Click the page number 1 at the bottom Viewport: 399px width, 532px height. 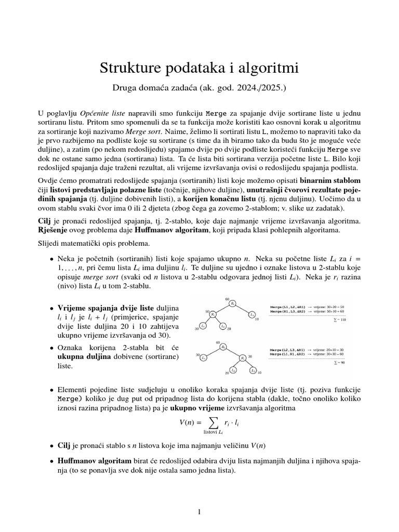click(x=199, y=512)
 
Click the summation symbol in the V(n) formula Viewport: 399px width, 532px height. click(x=212, y=422)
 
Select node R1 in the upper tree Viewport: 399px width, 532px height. click(x=214, y=315)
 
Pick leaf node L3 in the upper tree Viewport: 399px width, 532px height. click(x=251, y=315)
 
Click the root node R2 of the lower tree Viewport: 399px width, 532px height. click(x=223, y=347)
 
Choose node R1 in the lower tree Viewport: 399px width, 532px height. click(x=243, y=358)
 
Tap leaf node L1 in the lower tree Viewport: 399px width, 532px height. click(x=204, y=358)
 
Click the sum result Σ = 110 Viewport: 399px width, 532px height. click(x=340, y=320)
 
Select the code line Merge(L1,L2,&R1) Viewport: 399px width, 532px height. click(x=288, y=307)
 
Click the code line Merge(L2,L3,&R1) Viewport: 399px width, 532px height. click(x=288, y=350)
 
